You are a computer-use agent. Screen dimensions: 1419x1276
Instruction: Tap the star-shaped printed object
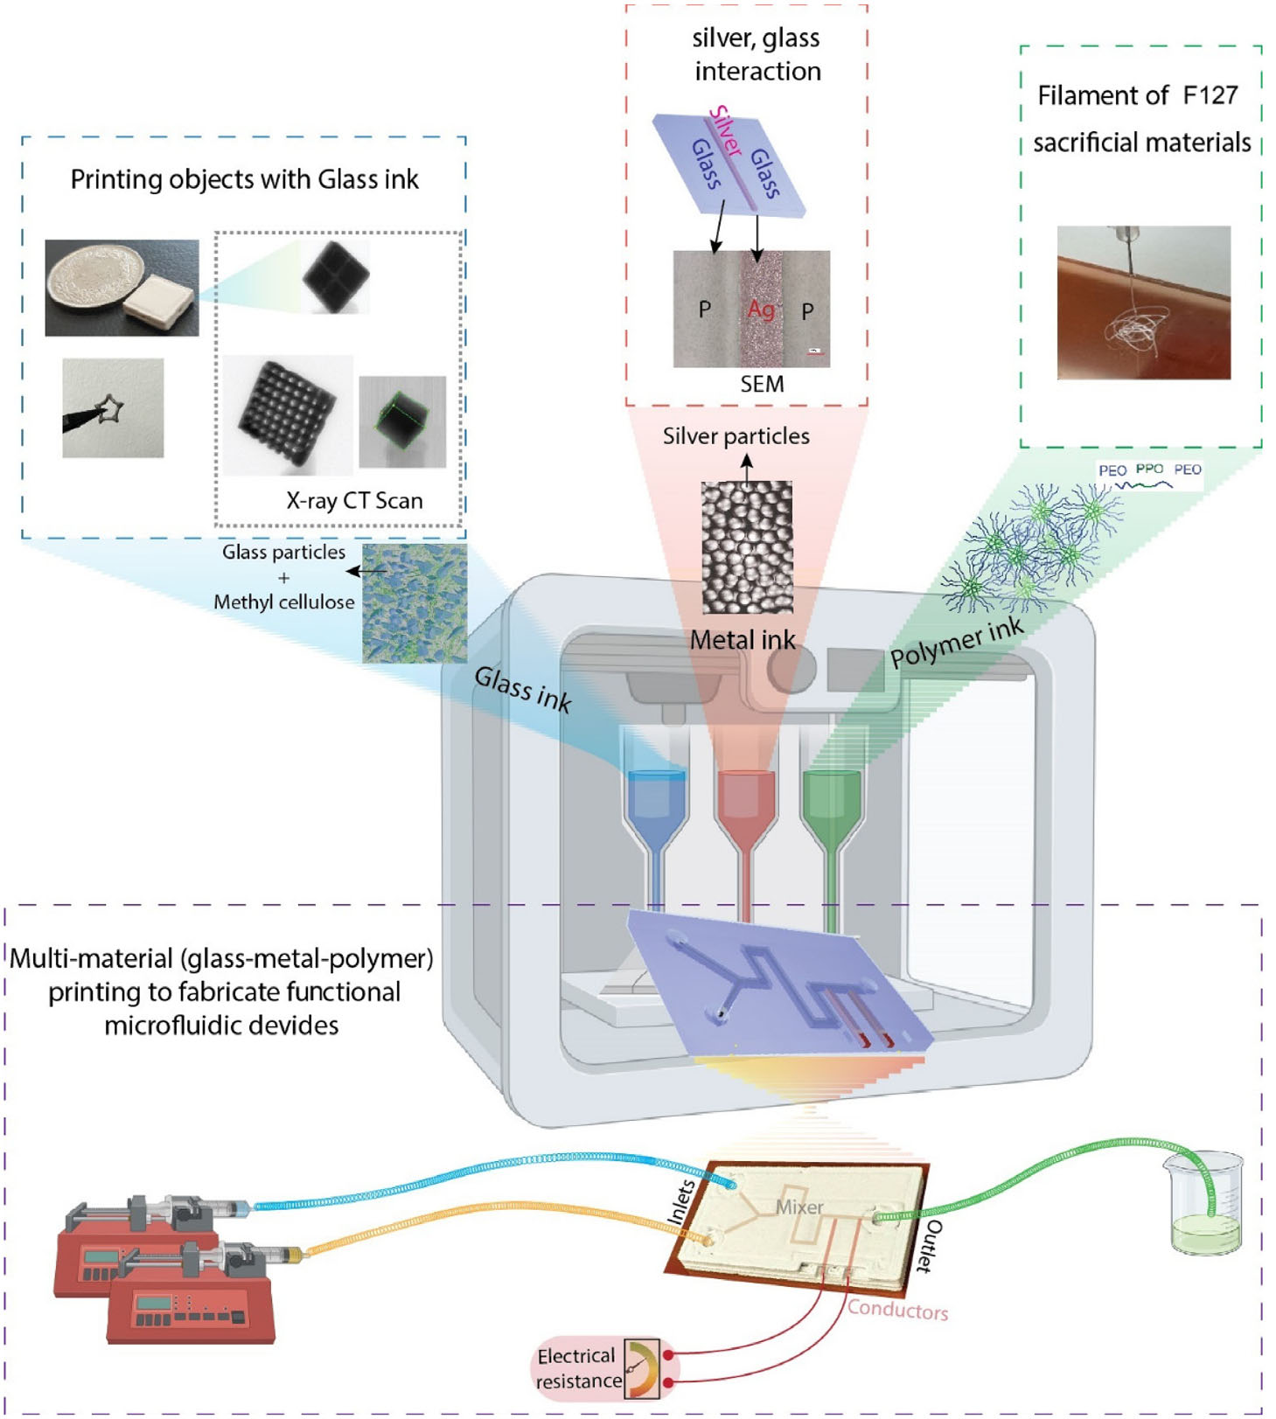tap(109, 410)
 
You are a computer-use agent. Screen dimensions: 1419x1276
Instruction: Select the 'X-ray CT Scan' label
tap(354, 500)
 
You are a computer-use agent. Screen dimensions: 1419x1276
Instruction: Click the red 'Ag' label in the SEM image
tap(761, 309)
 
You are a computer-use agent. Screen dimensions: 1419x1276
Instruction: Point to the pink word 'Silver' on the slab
tap(725, 130)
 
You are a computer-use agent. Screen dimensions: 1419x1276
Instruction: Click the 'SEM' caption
tap(762, 384)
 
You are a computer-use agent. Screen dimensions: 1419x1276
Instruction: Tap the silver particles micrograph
tap(747, 546)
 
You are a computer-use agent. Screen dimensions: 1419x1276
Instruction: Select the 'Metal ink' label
tap(743, 640)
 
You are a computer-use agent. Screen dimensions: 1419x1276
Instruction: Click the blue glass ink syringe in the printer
tap(656, 813)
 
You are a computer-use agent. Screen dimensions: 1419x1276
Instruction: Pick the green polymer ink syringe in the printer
tap(831, 813)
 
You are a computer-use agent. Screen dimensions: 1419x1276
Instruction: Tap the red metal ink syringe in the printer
tap(745, 813)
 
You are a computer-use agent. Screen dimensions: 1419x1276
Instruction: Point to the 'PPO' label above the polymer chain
tap(1148, 470)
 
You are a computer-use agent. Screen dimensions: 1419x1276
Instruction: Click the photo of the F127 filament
tap(1143, 303)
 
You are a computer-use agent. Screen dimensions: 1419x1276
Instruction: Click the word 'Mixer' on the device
tap(799, 1207)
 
